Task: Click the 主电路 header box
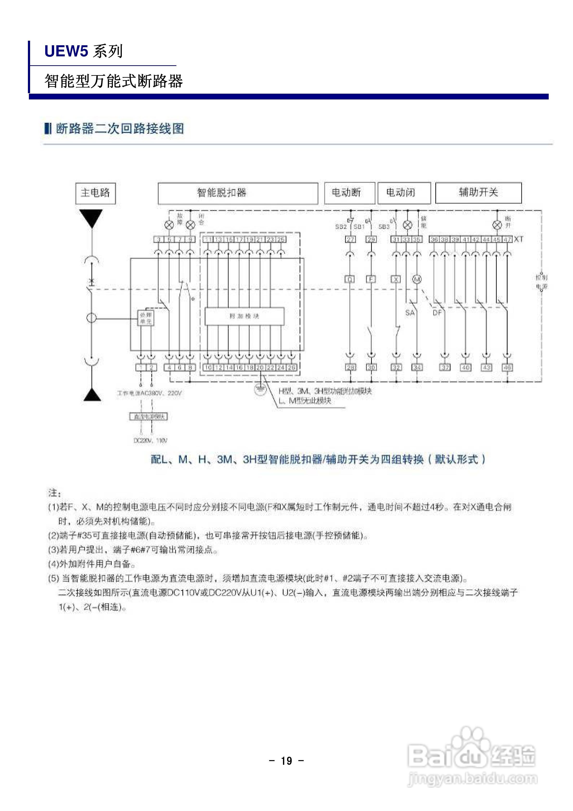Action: [x=95, y=193]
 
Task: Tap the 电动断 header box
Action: [x=349, y=193]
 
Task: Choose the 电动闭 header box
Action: [x=404, y=193]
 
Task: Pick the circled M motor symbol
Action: [x=417, y=279]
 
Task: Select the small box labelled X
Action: [x=396, y=279]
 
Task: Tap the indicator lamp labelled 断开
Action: [x=497, y=225]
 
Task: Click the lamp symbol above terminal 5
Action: [x=169, y=225]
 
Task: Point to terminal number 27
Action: [x=350, y=240]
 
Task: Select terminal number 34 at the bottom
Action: [x=417, y=367]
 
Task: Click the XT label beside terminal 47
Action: [x=518, y=239]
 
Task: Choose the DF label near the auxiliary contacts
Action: [x=437, y=313]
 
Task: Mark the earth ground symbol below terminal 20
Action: [x=260, y=389]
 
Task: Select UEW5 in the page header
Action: [x=66, y=52]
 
